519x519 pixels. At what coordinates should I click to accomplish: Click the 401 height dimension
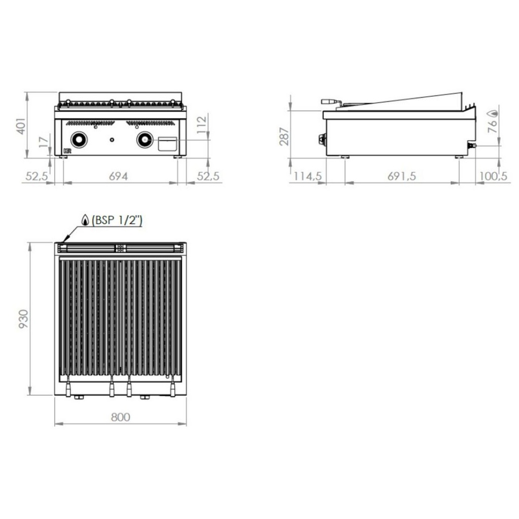point(21,126)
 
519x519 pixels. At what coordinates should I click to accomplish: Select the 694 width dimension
point(118,176)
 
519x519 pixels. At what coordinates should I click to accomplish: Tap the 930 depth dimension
point(23,319)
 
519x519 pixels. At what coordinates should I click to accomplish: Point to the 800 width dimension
point(121,417)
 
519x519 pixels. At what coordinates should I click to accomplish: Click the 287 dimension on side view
point(284,136)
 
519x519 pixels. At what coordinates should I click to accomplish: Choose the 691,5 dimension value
point(401,176)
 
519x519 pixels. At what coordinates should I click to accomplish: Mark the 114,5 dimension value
point(308,176)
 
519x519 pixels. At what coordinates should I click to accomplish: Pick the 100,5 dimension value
point(494,176)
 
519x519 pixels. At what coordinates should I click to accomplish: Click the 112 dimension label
point(202,124)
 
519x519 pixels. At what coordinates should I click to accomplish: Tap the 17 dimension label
point(44,142)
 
